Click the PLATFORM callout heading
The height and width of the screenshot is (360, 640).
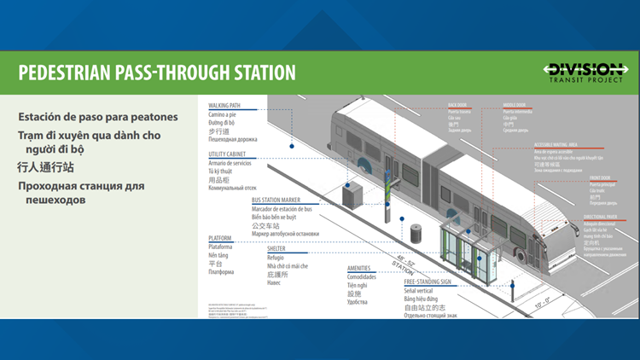coord(220,239)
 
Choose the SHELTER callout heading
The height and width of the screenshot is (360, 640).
coord(276,249)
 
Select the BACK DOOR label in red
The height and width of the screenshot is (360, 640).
coord(458,106)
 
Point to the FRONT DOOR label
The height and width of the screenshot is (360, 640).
coord(599,177)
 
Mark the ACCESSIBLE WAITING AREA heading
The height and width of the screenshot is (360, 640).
coord(556,145)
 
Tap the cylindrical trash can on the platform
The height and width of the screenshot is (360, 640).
coord(416,233)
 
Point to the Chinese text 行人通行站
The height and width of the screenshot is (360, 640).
coord(47,167)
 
